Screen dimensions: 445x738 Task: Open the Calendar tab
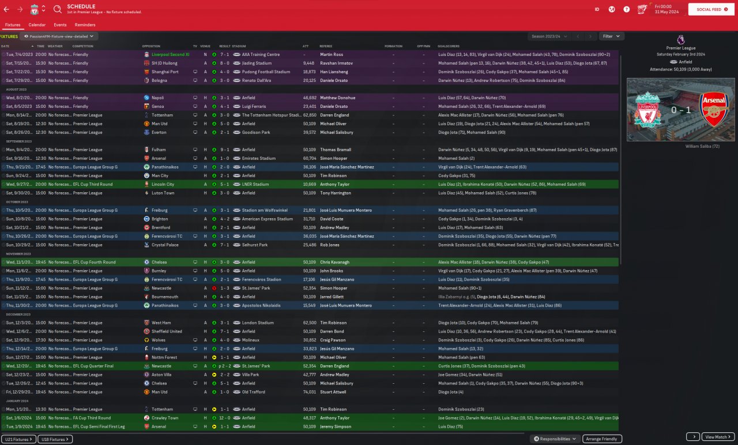[37, 25]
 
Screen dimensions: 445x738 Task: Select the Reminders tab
[85, 25]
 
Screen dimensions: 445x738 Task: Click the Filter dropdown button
[611, 36]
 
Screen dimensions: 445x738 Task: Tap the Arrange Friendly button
[602, 439]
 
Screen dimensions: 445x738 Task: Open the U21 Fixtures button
[18, 439]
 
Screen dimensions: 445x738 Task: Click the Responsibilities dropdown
[555, 439]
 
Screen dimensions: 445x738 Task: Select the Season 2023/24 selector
[549, 36]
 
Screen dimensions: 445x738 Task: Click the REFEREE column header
[326, 46]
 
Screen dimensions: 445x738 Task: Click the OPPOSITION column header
[151, 46]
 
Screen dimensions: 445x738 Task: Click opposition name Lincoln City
[163, 184]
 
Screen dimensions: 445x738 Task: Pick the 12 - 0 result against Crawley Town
[224, 418]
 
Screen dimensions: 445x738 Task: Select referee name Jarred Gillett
[332, 297]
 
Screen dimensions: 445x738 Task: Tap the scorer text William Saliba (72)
[702, 147]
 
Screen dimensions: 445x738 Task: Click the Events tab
[60, 25]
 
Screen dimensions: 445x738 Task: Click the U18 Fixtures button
[55, 439]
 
